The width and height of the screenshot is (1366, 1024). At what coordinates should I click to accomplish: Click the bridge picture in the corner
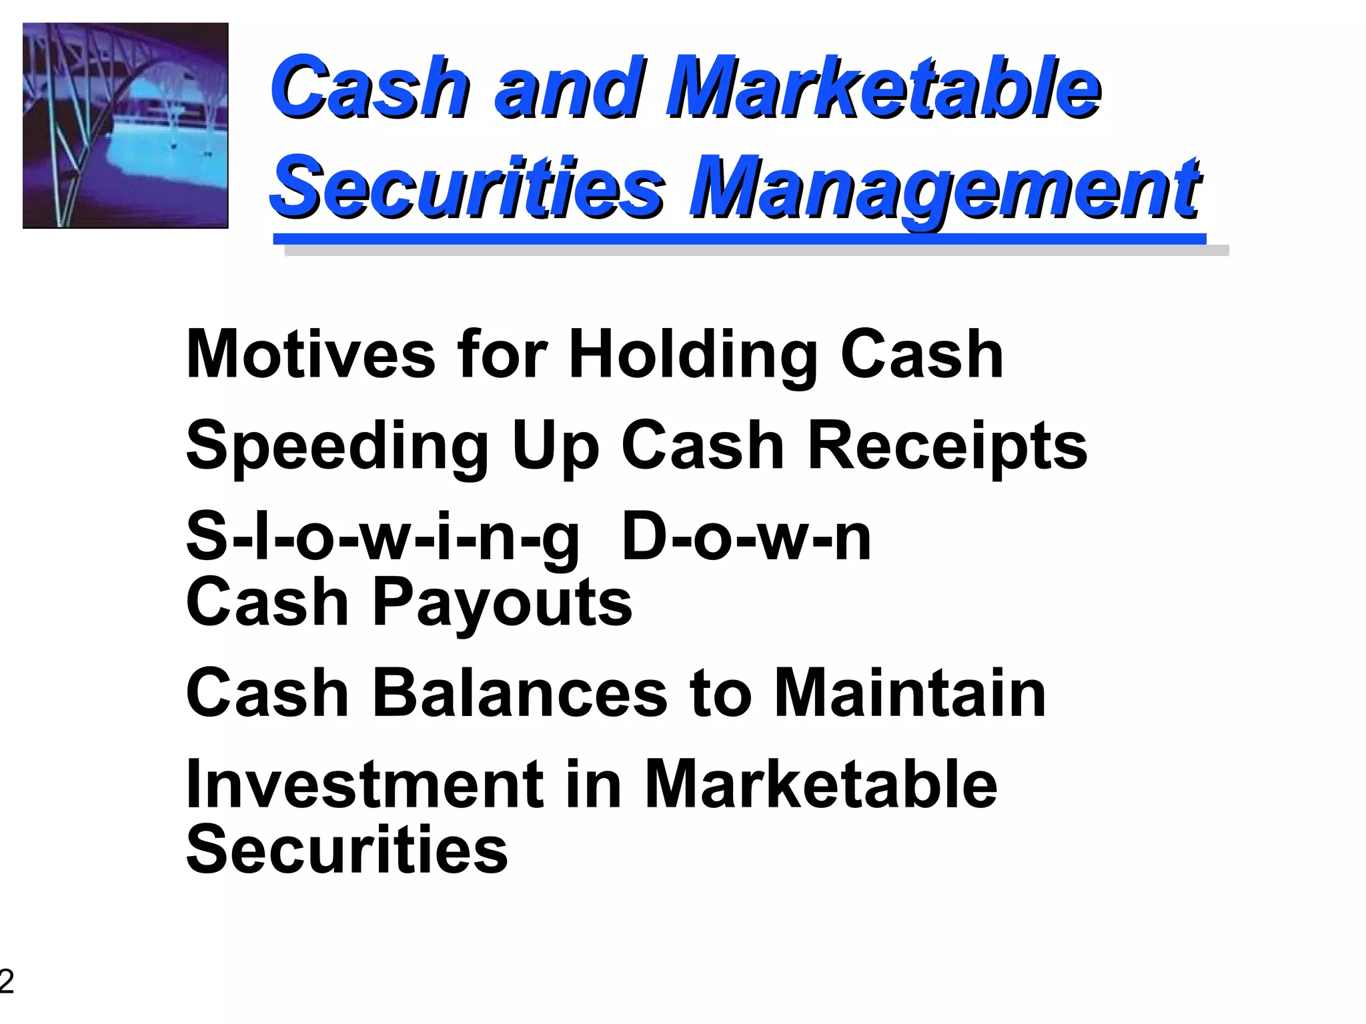[125, 125]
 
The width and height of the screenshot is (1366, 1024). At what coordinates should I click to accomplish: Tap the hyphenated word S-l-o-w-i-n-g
[382, 537]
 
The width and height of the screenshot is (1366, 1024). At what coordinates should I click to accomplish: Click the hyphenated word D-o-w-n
[746, 536]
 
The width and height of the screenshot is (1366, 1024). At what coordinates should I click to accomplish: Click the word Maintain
[910, 693]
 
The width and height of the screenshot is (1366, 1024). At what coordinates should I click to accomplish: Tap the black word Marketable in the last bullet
[820, 784]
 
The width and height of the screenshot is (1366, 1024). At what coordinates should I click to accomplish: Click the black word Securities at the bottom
[347, 849]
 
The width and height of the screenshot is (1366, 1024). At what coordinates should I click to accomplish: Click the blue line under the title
[739, 239]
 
